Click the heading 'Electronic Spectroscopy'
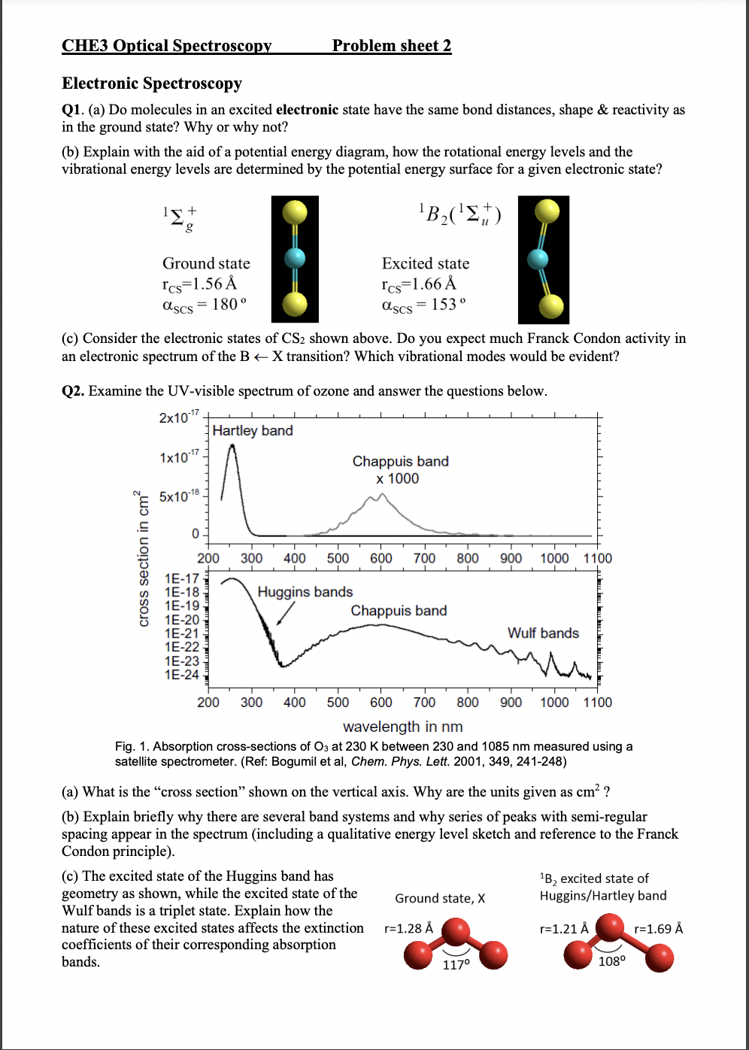[152, 83]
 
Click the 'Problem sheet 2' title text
[392, 46]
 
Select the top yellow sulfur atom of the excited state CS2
[547, 211]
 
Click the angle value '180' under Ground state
[225, 304]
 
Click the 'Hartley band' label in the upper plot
[253, 431]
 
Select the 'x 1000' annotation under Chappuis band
[398, 479]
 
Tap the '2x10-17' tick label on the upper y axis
[179, 417]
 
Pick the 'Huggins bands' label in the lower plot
[305, 593]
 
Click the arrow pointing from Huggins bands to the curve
[285, 613]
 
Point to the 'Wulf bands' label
[543, 633]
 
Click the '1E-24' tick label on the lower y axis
[182, 675]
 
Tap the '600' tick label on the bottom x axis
[381, 703]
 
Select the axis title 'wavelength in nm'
[402, 727]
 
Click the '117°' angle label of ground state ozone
[456, 964]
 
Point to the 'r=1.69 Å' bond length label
[658, 929]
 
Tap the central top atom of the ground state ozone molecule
[456, 932]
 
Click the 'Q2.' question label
[73, 391]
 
